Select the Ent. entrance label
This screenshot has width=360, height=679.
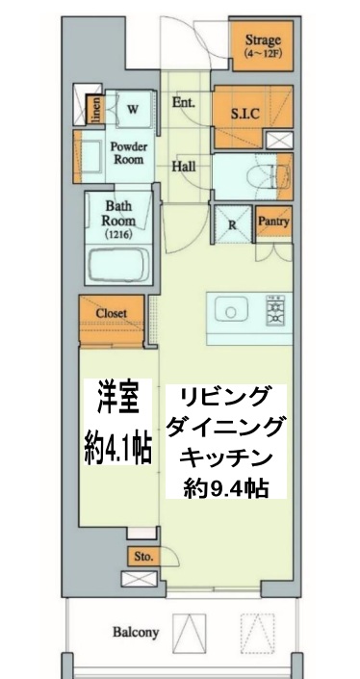coord(184,102)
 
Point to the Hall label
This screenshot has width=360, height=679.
coord(184,167)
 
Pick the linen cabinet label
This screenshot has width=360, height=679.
coord(95,112)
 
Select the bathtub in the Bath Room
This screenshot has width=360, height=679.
coord(119,264)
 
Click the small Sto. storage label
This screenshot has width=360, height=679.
coord(141,557)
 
